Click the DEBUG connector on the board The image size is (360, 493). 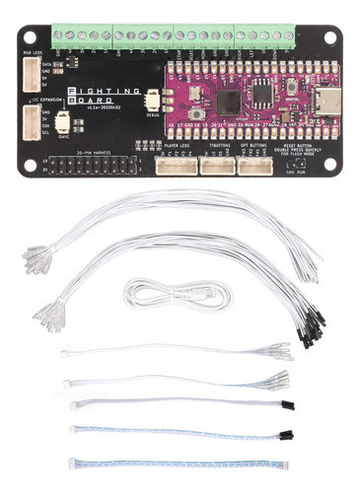click(153, 101)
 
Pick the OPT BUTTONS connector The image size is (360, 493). click(254, 164)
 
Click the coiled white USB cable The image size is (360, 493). click(178, 294)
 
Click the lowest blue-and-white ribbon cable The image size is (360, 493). click(178, 463)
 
